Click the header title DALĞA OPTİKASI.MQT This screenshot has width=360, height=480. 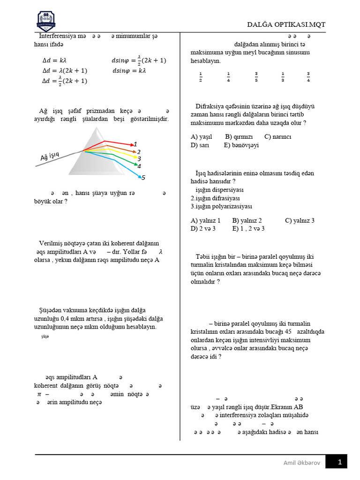click(x=286, y=24)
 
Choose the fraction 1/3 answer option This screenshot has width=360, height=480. click(x=283, y=77)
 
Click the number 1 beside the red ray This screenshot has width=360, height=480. click(x=135, y=144)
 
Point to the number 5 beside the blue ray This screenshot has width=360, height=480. click(x=143, y=178)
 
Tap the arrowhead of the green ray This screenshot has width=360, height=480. click(x=136, y=165)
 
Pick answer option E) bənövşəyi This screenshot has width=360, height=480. click(x=241, y=145)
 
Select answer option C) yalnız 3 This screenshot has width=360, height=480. click(x=300, y=220)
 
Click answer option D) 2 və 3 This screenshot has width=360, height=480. click(x=203, y=229)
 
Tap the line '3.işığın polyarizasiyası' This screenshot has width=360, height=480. click(x=221, y=206)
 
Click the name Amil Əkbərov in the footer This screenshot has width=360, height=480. click(x=301, y=463)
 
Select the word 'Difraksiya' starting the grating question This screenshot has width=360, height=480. click(x=210, y=106)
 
